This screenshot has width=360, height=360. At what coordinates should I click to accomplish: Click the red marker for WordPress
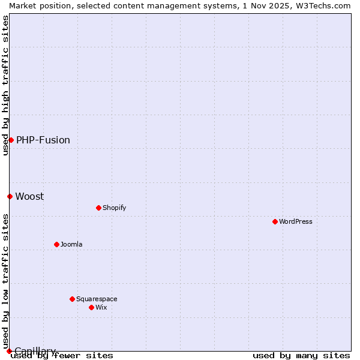click(x=275, y=221)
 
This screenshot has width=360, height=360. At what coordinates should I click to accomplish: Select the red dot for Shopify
click(x=98, y=208)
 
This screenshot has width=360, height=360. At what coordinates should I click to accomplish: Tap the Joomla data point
click(x=56, y=244)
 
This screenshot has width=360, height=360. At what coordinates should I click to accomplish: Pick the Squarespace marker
click(x=72, y=299)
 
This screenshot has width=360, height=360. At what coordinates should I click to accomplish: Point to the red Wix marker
click(x=91, y=307)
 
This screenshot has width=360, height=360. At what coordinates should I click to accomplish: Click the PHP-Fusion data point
click(x=11, y=140)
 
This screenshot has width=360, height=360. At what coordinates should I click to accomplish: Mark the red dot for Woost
click(x=10, y=196)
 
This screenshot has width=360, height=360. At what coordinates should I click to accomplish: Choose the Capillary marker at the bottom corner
click(x=9, y=351)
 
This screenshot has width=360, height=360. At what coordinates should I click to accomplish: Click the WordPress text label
click(x=296, y=221)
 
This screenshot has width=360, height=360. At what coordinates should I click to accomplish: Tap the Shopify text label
click(x=115, y=208)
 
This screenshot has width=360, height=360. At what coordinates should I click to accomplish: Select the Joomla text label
click(x=71, y=244)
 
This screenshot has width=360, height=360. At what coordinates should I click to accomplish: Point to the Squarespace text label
click(x=97, y=299)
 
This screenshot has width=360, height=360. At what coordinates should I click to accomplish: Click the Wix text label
click(x=101, y=307)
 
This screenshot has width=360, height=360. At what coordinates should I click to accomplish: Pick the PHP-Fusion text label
click(x=43, y=140)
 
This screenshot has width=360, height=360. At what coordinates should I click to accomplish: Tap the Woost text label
click(x=29, y=196)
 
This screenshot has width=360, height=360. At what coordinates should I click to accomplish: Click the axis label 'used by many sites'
click(x=301, y=355)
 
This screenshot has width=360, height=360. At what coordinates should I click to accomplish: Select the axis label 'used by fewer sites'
click(x=62, y=355)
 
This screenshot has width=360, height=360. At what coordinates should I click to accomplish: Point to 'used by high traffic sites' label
click(x=5, y=85)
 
